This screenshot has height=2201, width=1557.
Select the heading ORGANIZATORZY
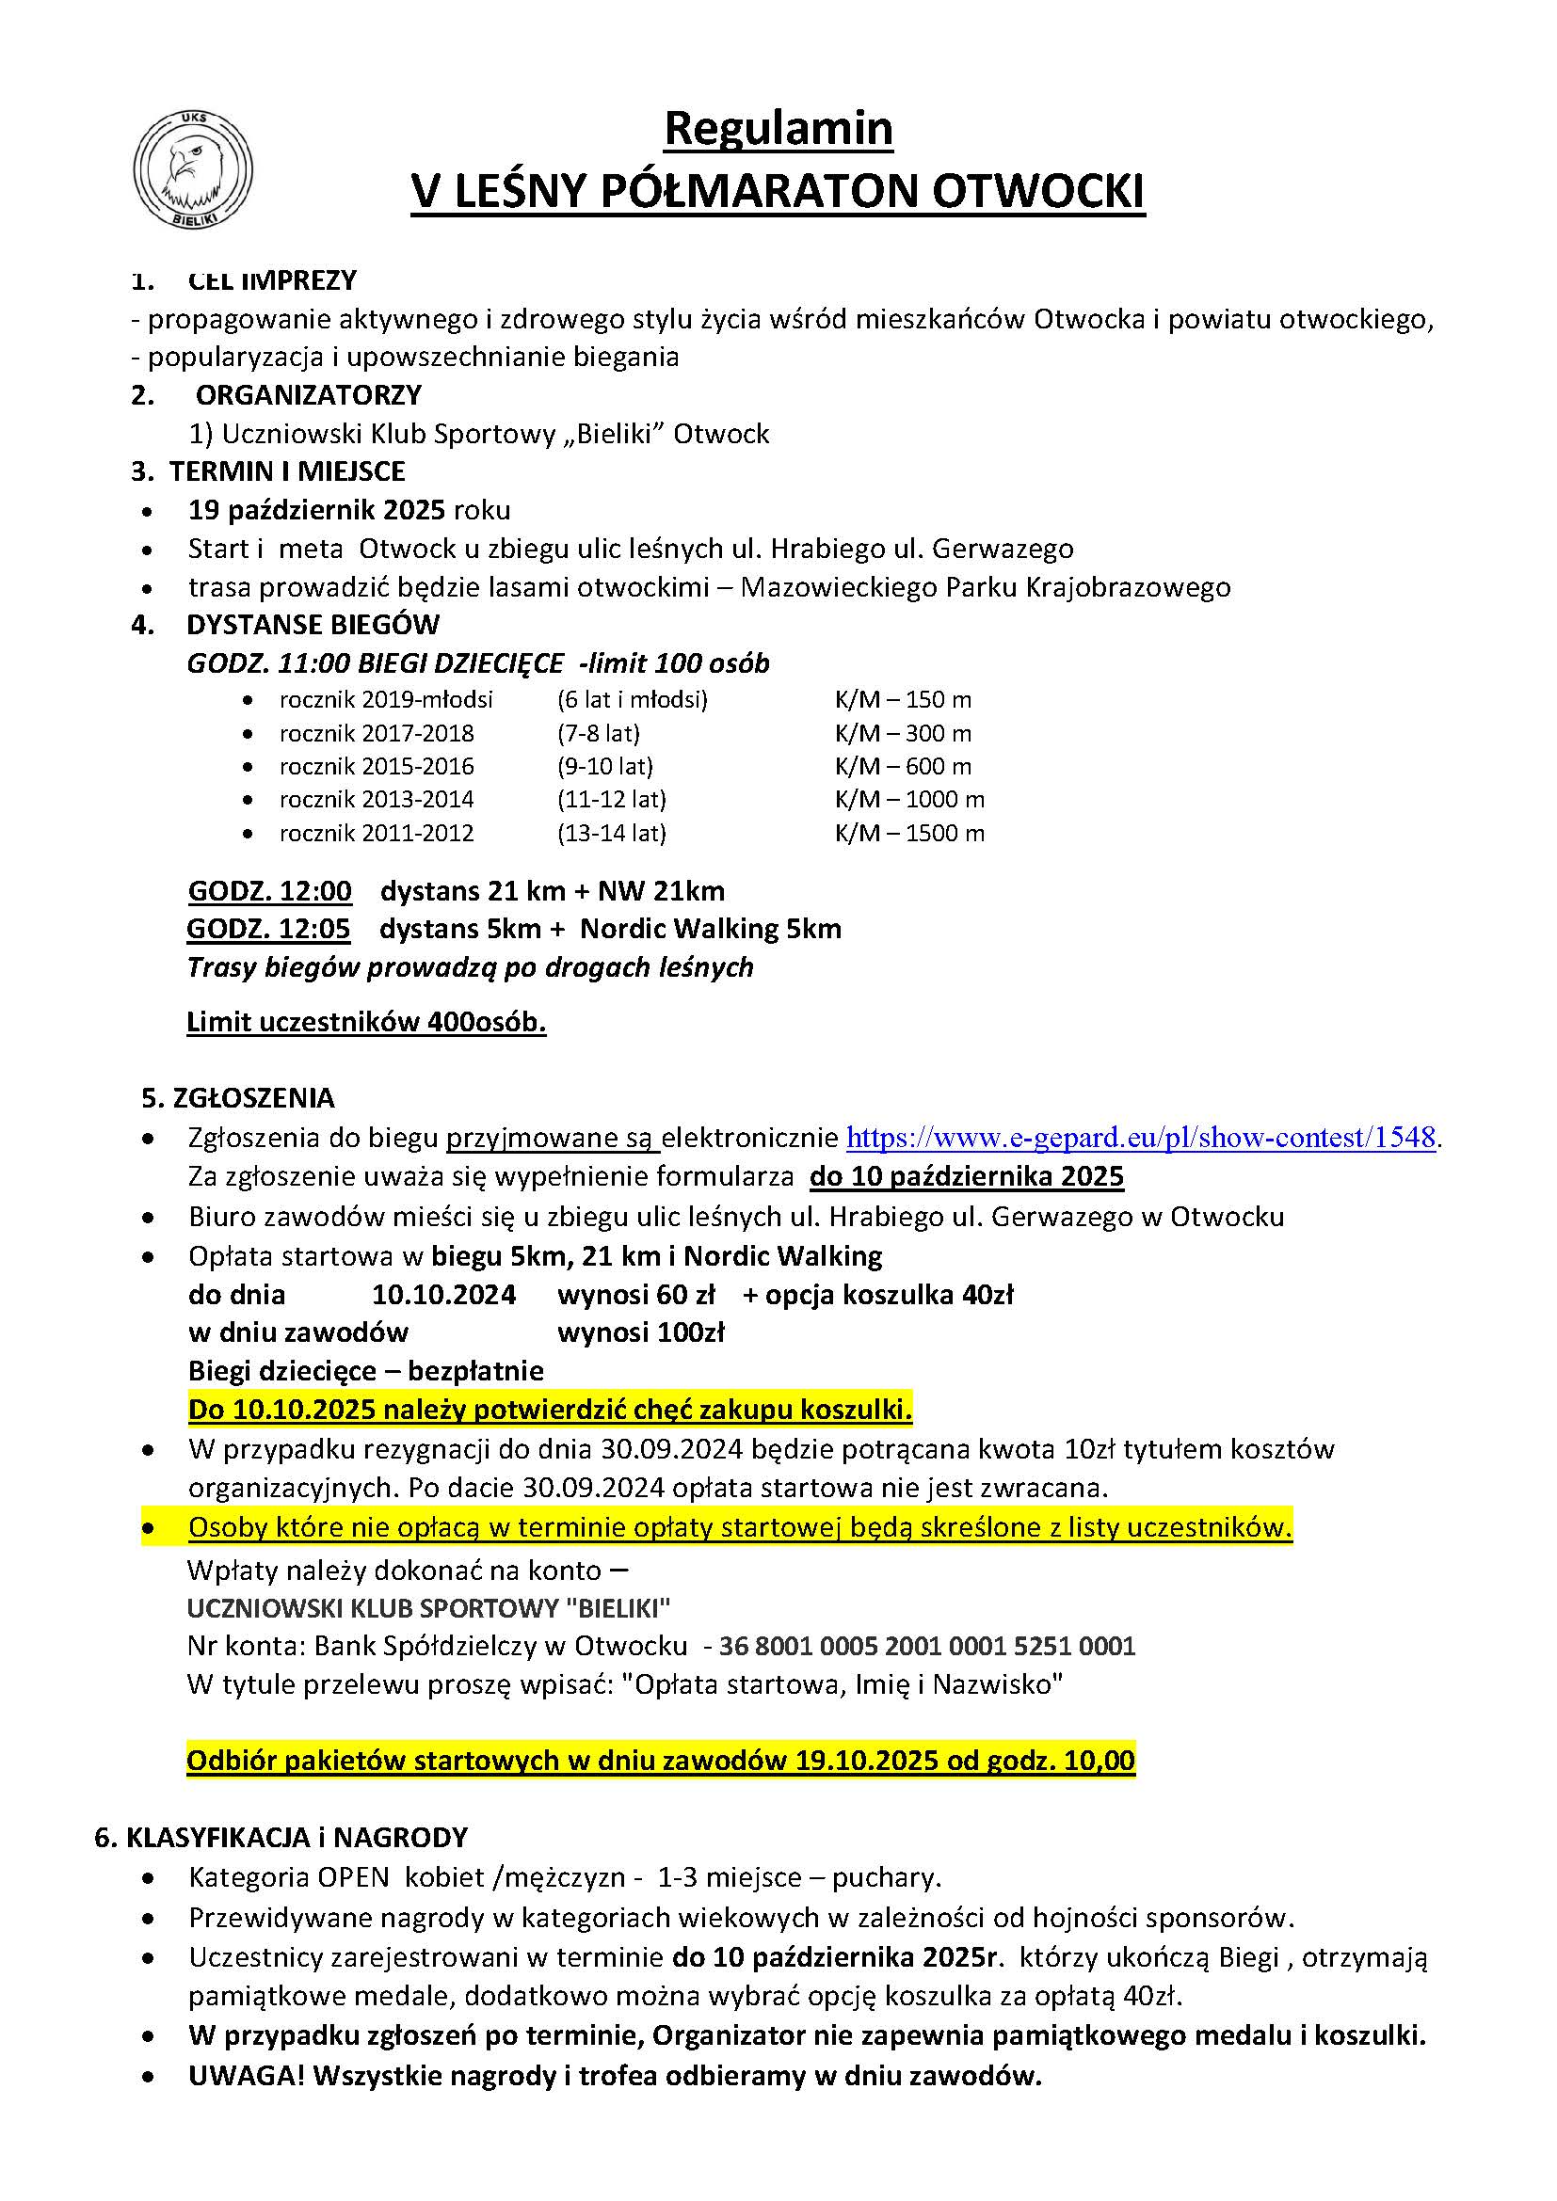(x=308, y=395)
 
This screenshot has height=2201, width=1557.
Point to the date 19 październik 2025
(x=316, y=510)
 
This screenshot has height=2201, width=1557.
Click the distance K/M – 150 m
(x=902, y=700)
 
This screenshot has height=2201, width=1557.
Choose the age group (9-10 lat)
(x=604, y=766)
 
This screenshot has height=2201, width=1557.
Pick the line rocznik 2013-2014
(x=376, y=800)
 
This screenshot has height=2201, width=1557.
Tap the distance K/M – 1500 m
(x=909, y=833)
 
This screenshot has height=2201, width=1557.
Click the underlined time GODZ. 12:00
(x=269, y=891)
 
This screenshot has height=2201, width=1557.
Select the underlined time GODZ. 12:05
(x=268, y=929)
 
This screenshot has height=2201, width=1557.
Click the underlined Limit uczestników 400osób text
(x=366, y=1023)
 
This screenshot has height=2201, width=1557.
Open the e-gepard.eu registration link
(x=1141, y=1138)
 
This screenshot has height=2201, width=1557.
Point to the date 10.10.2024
(x=444, y=1295)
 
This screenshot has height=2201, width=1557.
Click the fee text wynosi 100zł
(x=640, y=1332)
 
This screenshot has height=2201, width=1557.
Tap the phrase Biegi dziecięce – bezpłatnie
(x=365, y=1371)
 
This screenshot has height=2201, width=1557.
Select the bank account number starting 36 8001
(x=927, y=1646)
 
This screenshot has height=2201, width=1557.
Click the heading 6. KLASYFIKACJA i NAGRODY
(x=281, y=1838)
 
